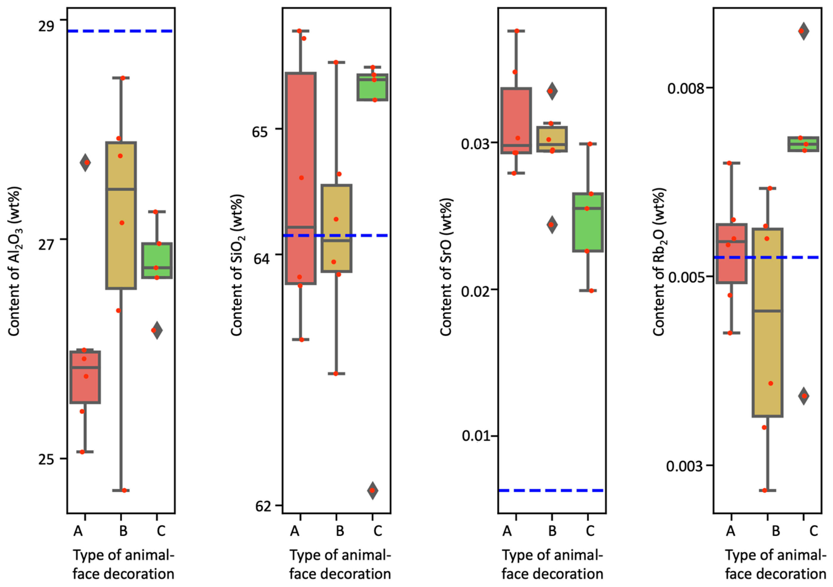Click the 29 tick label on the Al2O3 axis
click(46, 26)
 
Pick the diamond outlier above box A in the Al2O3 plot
click(85, 163)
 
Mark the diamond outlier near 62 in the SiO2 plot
click(372, 490)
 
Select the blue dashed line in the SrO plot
click(551, 490)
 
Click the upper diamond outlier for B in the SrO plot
click(552, 91)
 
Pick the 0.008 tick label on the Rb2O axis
click(685, 88)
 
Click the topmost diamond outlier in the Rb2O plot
click(803, 31)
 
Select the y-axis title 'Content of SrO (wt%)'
click(446, 267)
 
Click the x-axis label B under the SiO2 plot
click(340, 531)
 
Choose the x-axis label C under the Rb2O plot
click(813, 531)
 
